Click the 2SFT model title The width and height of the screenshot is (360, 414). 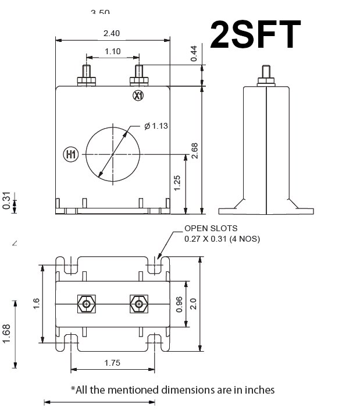(255, 34)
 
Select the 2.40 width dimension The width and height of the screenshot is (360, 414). (113, 33)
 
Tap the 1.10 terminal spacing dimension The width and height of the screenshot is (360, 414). (113, 51)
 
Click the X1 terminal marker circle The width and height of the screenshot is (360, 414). (138, 95)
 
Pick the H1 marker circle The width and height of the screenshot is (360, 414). (70, 154)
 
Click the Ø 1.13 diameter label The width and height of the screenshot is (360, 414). (156, 126)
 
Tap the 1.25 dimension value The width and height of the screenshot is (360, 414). (178, 183)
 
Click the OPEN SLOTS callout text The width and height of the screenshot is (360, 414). (211, 228)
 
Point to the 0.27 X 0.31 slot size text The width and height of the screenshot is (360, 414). (222, 239)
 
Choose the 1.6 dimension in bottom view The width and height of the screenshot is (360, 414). (36, 303)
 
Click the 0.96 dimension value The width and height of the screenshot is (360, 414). (179, 303)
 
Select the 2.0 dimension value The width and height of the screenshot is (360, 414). (194, 303)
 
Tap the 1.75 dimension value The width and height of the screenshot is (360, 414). (112, 363)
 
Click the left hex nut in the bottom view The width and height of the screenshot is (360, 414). (87, 304)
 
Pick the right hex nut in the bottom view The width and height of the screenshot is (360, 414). (138, 304)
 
